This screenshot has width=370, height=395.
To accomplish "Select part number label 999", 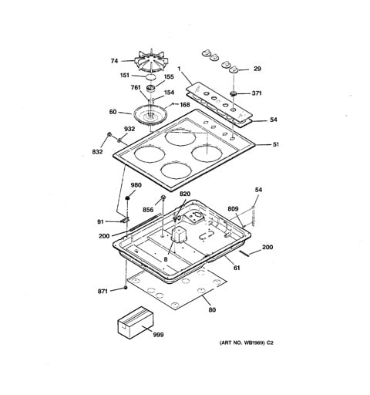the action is coord(158,335).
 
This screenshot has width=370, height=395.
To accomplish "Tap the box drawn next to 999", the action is coord(136,322).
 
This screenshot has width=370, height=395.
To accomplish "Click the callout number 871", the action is coord(103,292).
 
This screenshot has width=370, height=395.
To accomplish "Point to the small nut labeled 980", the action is coord(127,198).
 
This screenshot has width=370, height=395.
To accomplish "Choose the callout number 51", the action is coord(276,144).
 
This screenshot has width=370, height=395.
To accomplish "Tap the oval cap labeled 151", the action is coord(151,77).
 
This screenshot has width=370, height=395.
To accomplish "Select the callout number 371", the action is coord(257,93).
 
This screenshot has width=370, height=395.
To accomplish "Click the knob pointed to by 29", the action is coord(234,69).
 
